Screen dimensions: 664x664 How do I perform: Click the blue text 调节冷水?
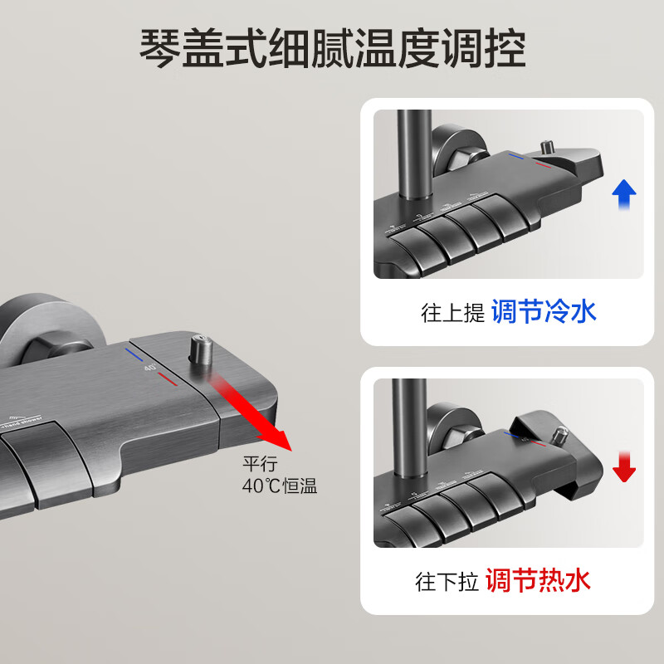coord(544,312)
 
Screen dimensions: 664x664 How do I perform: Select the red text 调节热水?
coord(538,580)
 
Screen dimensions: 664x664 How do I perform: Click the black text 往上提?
coord(452,314)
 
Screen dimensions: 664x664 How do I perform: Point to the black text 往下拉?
coord(447,582)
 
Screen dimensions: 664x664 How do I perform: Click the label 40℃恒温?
coord(280,487)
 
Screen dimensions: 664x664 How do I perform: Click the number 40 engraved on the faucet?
coord(150,366)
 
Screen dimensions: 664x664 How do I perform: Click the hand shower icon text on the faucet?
coord(25,421)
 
